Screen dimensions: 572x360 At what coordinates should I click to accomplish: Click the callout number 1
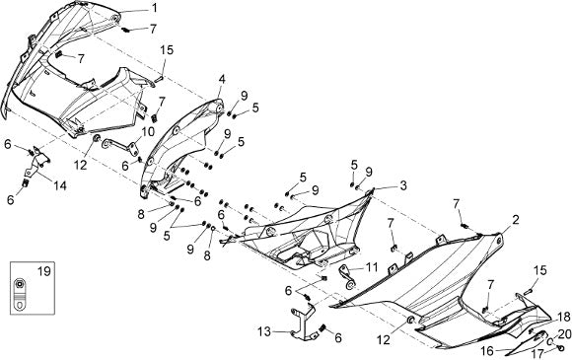point(155,8)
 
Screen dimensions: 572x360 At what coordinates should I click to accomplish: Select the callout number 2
point(515,220)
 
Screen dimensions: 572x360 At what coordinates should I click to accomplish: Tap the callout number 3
point(402,185)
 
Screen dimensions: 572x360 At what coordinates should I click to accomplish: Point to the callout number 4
point(222,79)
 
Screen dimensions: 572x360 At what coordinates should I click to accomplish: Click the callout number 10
point(148,132)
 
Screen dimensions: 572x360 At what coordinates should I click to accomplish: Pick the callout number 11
point(372,267)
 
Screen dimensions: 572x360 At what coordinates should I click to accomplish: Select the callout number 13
point(264,332)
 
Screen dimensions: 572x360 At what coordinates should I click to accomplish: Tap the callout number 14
point(60,185)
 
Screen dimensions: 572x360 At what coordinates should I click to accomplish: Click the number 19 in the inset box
point(43,272)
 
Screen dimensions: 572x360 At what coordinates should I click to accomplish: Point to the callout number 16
point(487,351)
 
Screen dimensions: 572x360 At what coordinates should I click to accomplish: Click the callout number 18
point(564,317)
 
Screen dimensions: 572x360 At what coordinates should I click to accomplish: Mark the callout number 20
point(564,334)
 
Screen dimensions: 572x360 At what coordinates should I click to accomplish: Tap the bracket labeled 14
point(36,164)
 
